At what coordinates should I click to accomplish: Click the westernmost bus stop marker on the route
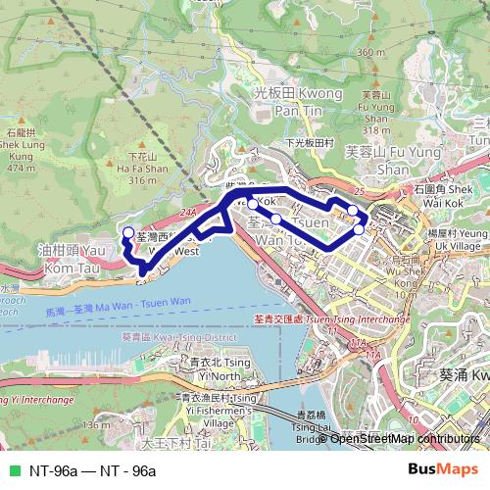(x=126, y=232)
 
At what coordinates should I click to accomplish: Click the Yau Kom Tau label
(x=64, y=258)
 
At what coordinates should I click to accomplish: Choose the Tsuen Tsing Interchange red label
(x=328, y=319)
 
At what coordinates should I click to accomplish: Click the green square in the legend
(x=12, y=471)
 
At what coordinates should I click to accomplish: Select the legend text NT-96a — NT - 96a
(x=93, y=471)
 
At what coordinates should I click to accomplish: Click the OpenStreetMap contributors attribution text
(x=405, y=439)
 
